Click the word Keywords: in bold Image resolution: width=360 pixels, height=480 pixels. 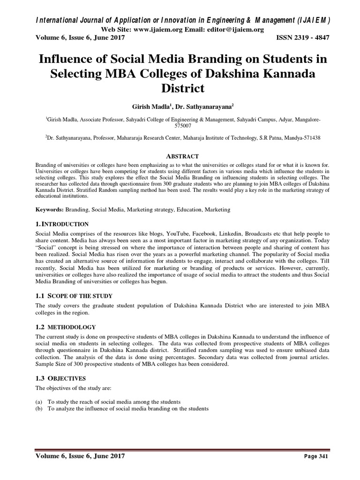[50, 210]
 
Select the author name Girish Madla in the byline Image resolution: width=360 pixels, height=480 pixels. [150, 107]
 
